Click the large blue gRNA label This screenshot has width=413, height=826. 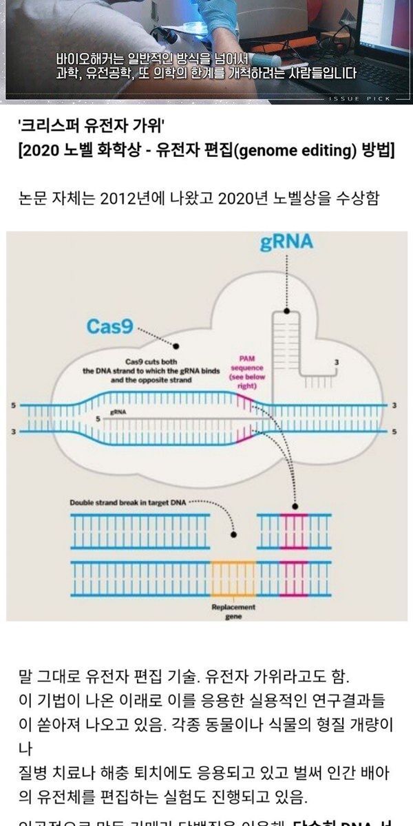point(286,242)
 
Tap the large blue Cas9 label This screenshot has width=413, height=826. point(109,326)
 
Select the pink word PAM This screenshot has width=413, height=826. point(247,359)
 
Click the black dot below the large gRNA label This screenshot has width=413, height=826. point(286,312)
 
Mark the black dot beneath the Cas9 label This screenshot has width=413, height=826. point(177,346)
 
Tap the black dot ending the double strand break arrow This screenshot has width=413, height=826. point(234,533)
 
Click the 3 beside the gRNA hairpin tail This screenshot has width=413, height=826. point(336,362)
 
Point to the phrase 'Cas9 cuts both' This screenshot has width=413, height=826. point(151,362)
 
